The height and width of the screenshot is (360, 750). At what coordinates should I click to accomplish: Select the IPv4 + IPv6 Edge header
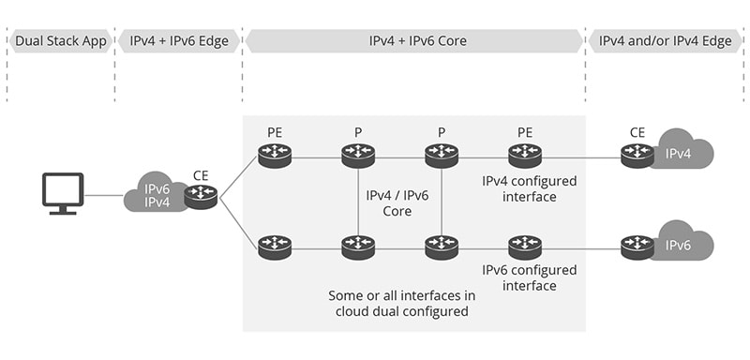click(x=179, y=41)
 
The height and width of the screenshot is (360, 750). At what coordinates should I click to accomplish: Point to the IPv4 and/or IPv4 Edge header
click(x=666, y=41)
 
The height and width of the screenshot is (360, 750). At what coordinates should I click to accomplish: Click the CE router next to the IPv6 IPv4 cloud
click(x=201, y=196)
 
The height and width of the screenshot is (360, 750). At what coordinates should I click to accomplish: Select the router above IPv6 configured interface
click(x=523, y=247)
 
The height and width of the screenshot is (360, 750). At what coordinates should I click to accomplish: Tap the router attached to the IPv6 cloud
click(x=637, y=247)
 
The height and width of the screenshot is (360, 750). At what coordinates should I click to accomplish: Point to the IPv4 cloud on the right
click(x=683, y=153)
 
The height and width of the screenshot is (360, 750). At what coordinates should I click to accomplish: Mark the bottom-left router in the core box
click(x=274, y=247)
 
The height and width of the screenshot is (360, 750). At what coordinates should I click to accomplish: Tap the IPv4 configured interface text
click(x=529, y=188)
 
